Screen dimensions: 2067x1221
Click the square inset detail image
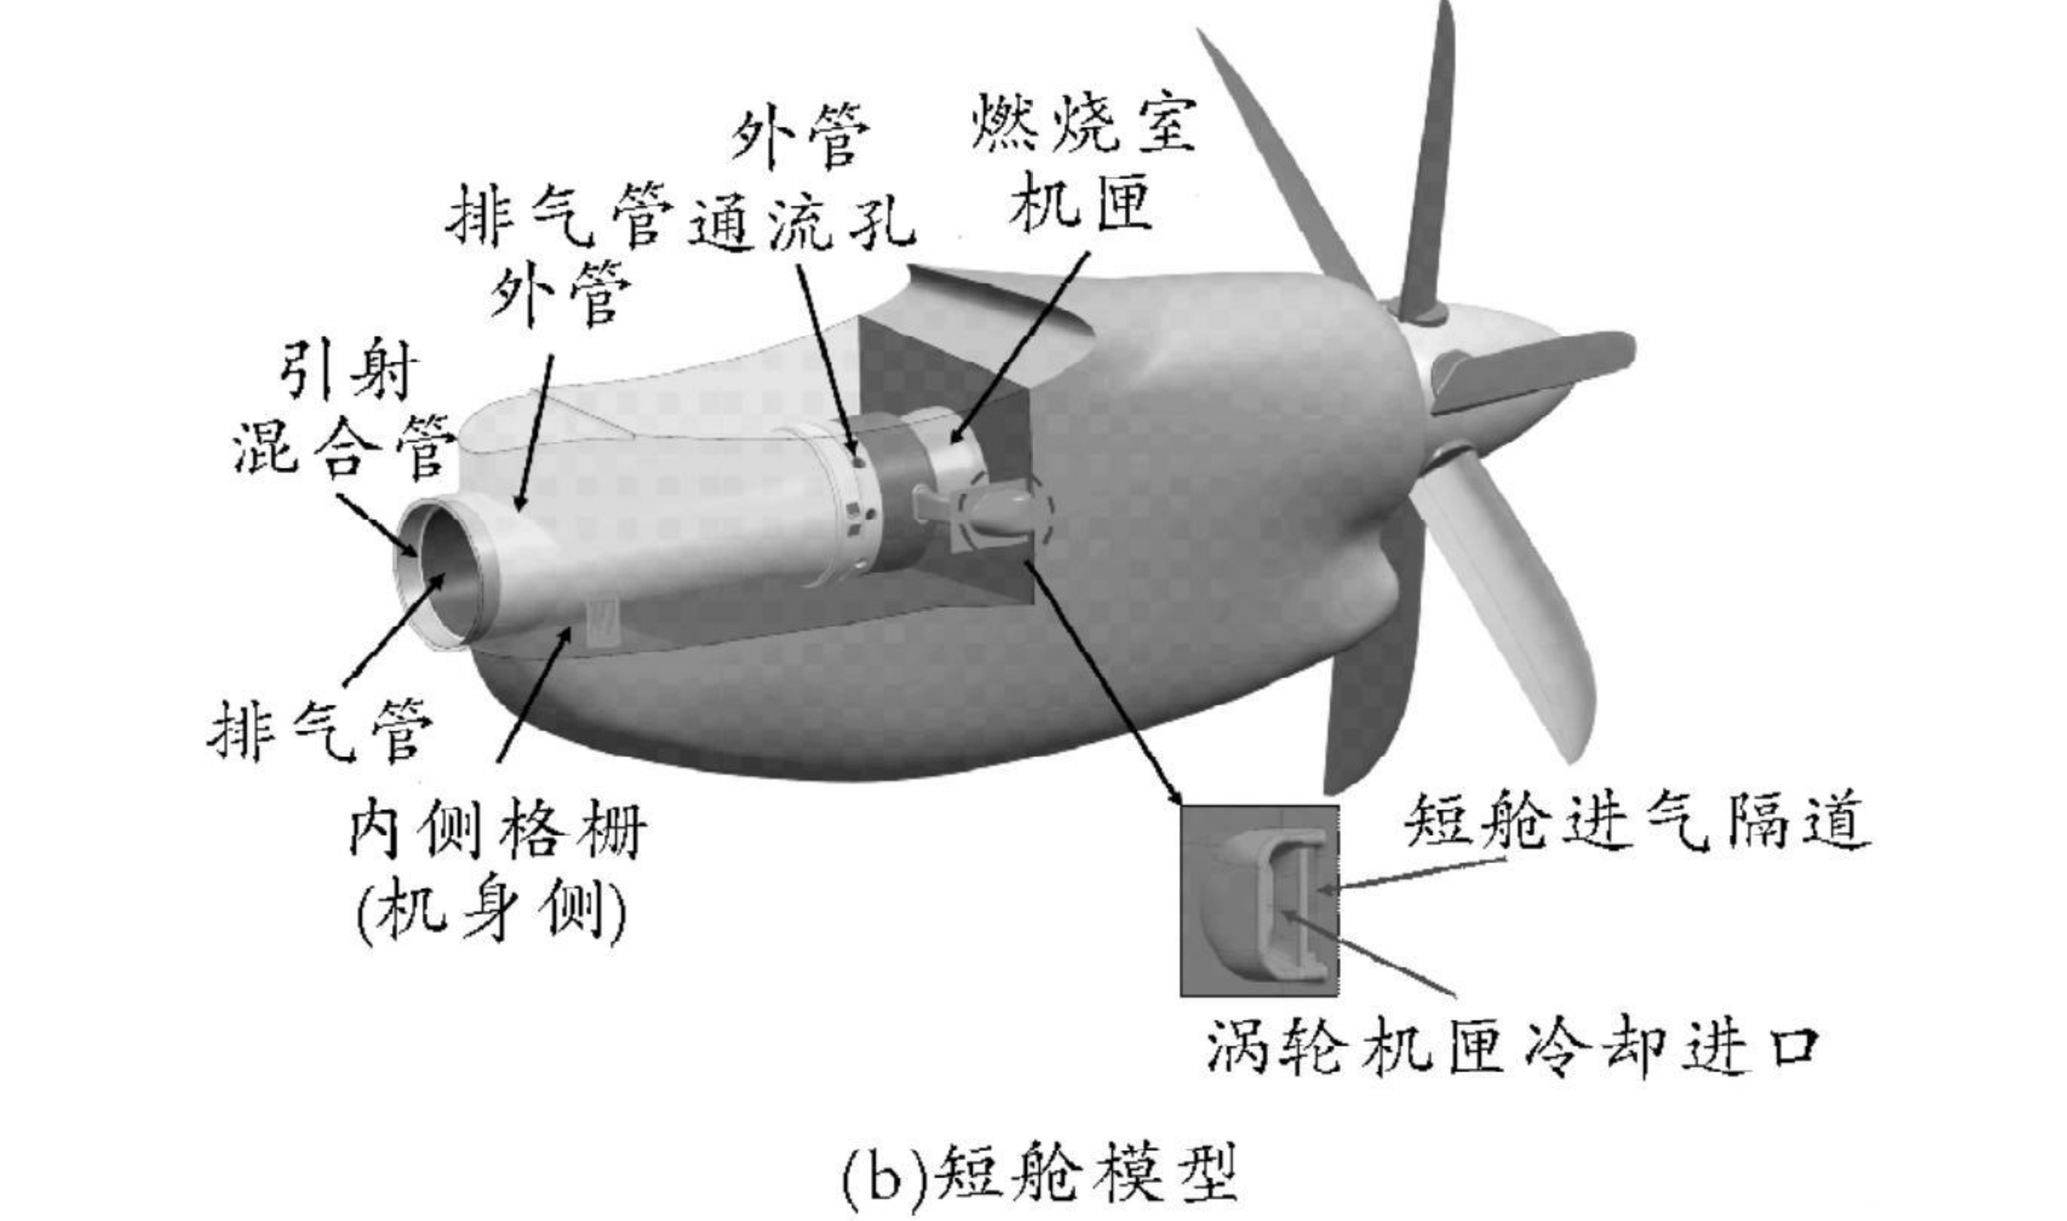(1260, 900)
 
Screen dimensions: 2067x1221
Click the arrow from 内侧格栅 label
(535, 695)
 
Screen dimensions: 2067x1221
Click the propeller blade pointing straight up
(1428, 164)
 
